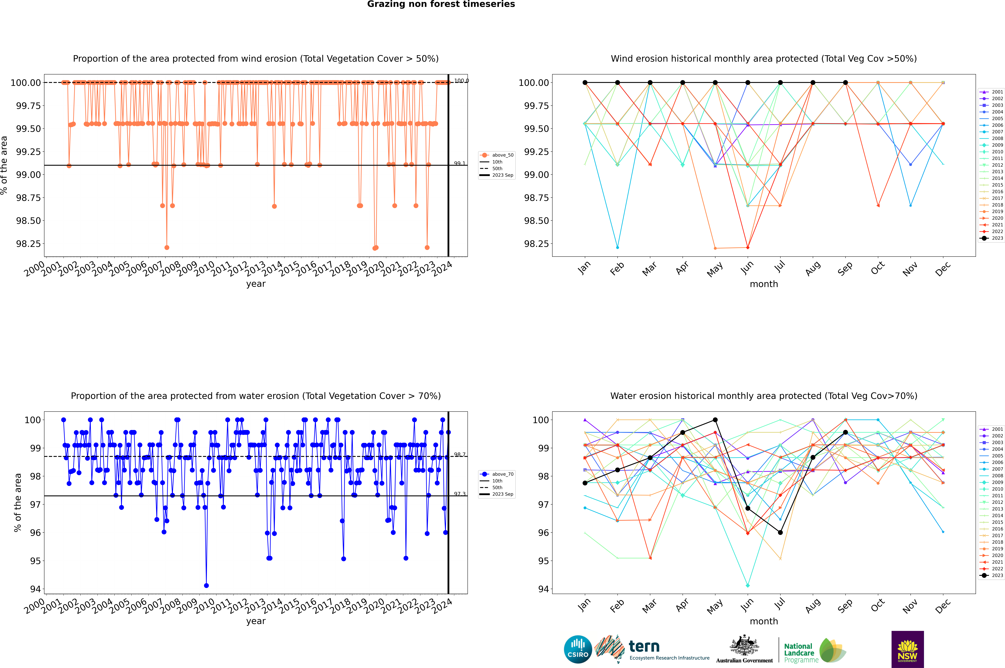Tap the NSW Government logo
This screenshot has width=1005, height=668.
tap(907, 649)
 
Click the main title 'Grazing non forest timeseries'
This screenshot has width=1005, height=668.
tap(441, 4)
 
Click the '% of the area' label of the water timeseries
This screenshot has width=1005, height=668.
tap(17, 503)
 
